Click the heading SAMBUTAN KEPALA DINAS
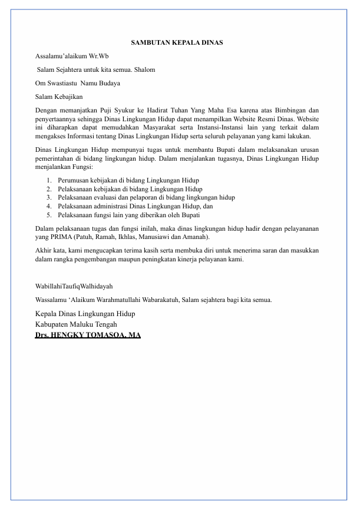point(176,44)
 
